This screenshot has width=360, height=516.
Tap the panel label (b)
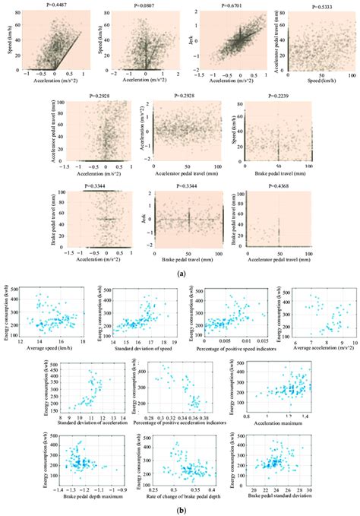(180, 510)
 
